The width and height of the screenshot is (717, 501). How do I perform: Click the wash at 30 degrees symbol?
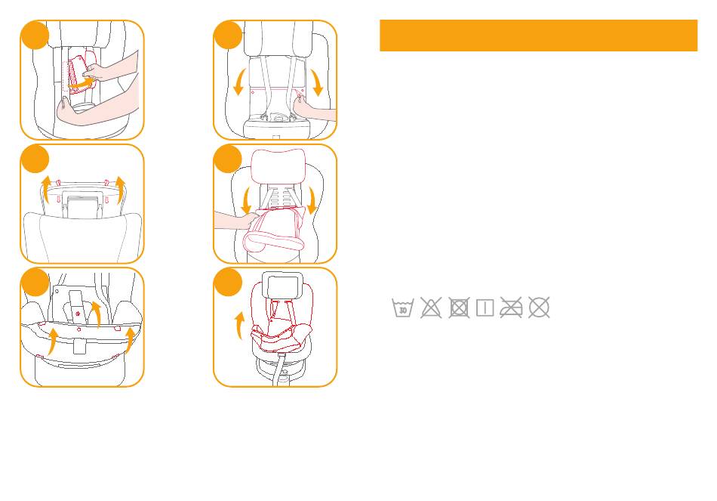coord(403,308)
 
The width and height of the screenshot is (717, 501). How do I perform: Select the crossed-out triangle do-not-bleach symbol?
coord(430,308)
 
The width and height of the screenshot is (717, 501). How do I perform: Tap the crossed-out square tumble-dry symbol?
coord(457,308)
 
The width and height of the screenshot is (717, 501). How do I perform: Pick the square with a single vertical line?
coord(485,308)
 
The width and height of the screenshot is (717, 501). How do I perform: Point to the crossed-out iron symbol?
coord(512,308)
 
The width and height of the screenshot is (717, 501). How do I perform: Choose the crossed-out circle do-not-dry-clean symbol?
coord(539,308)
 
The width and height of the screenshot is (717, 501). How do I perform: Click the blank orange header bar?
coord(538,36)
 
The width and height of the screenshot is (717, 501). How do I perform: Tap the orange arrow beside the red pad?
coord(78,85)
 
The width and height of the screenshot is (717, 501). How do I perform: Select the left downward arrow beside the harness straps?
coord(239,81)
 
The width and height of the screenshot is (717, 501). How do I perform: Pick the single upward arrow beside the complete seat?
coord(240,327)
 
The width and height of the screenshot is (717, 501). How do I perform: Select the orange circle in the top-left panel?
coord(34,36)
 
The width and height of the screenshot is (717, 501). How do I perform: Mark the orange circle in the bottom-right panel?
coord(227,282)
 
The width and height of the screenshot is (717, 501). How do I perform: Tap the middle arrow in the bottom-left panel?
coord(94,314)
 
